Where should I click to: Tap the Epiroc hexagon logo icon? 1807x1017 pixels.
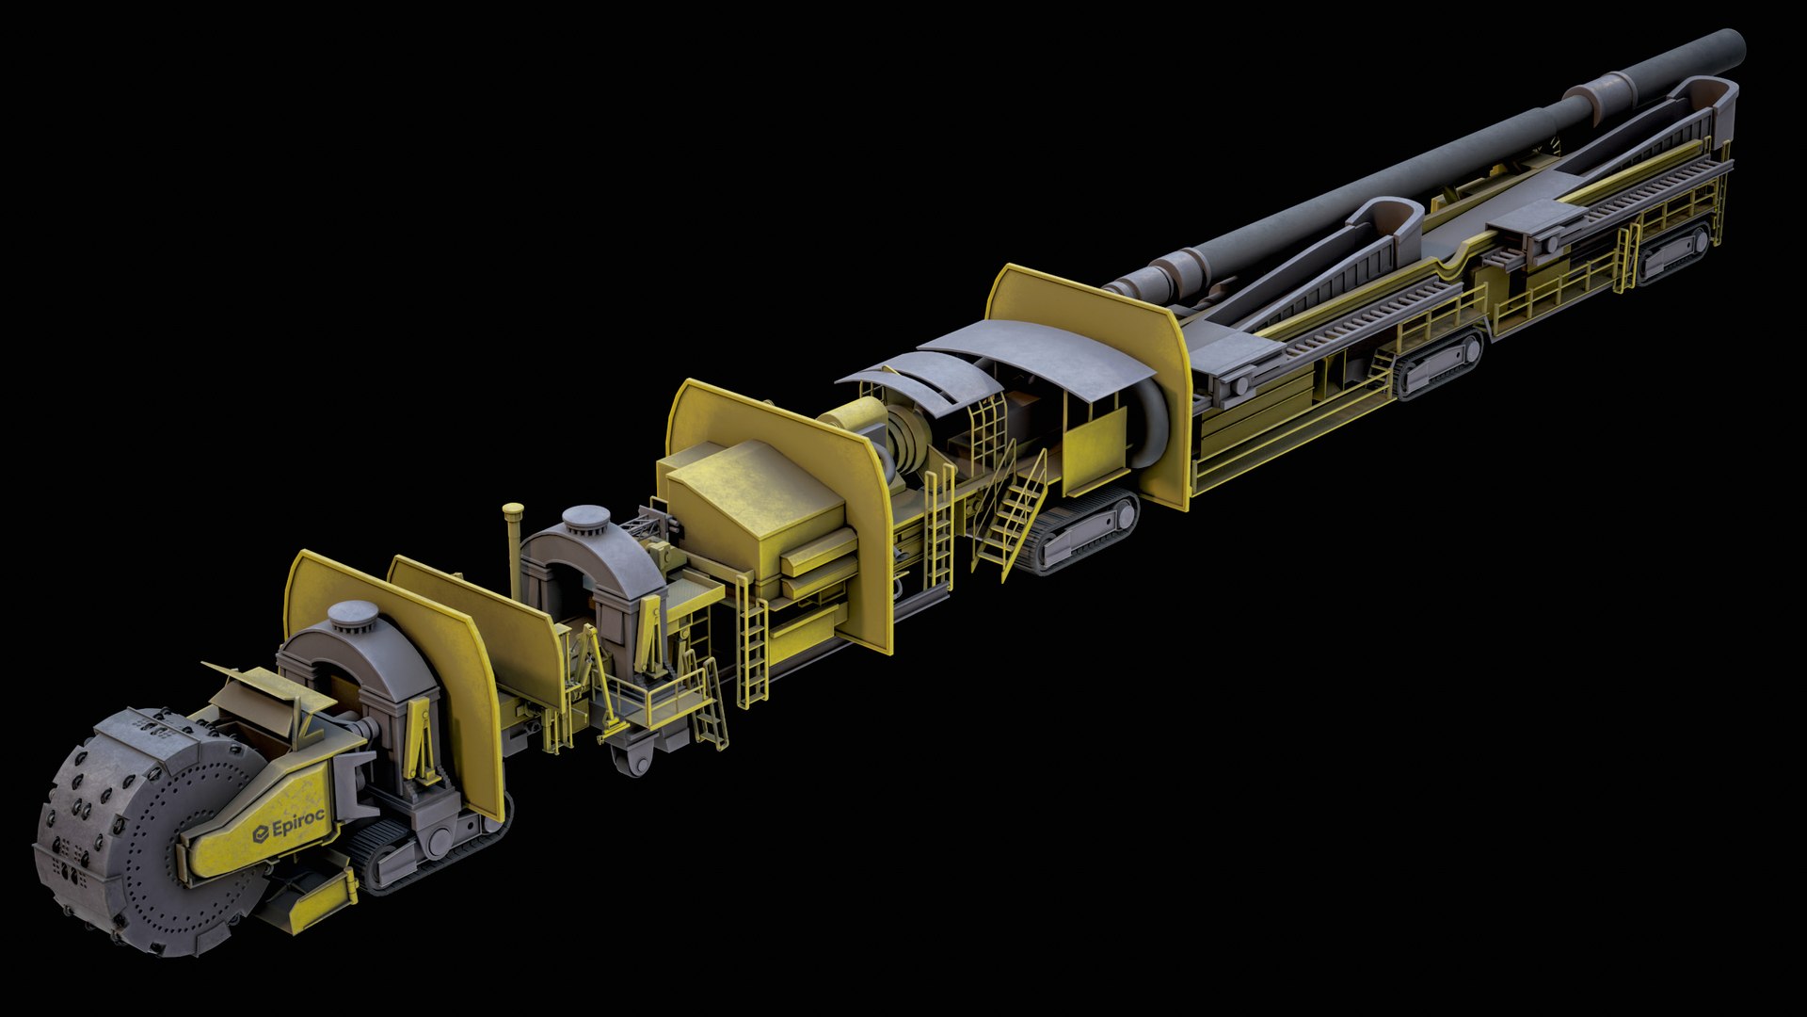[261, 834]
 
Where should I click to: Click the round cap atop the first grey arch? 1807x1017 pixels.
[353, 615]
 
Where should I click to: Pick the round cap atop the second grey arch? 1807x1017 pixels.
[585, 517]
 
